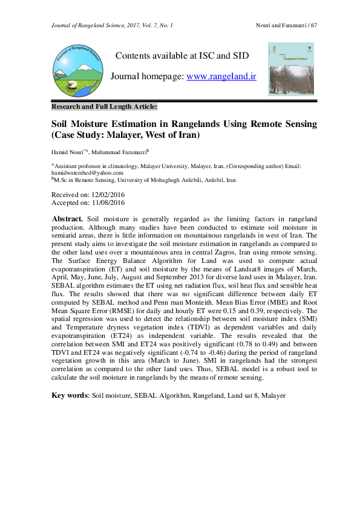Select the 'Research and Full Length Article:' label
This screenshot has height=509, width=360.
click(x=104, y=106)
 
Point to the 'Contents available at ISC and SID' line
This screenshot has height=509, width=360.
click(x=182, y=56)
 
